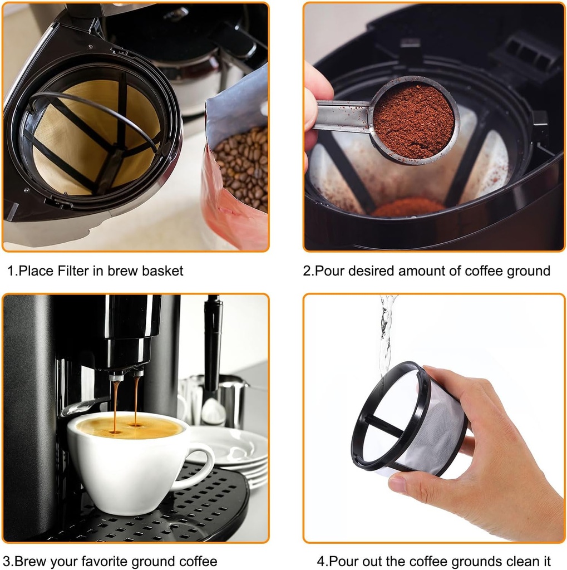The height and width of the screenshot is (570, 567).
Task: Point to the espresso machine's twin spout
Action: click(x=126, y=375)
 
